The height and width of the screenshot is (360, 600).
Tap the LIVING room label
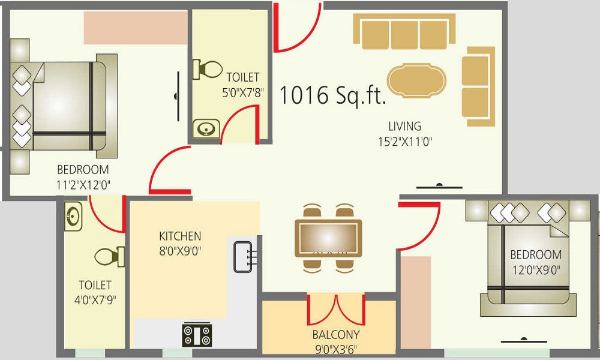pyautogui.click(x=404, y=127)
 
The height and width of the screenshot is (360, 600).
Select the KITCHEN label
pyautogui.click(x=180, y=236)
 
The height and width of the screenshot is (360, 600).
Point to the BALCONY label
pyautogui.click(x=335, y=335)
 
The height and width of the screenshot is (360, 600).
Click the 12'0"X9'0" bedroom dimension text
pyautogui.click(x=535, y=270)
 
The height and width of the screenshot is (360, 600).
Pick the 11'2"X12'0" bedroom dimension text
pyautogui.click(x=83, y=185)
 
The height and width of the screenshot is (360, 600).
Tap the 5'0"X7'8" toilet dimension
pyautogui.click(x=243, y=93)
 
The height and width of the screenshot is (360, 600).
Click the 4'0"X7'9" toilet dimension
pyautogui.click(x=96, y=300)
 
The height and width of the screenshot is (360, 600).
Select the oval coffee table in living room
pyautogui.click(x=417, y=83)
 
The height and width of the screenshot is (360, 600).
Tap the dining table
pyautogui.click(x=328, y=238)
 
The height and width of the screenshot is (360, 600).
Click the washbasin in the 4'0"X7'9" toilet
pyautogui.click(x=74, y=215)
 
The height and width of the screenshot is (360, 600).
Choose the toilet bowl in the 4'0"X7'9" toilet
pyautogui.click(x=109, y=256)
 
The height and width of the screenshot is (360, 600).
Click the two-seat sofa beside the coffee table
pyautogui.click(x=478, y=86)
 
